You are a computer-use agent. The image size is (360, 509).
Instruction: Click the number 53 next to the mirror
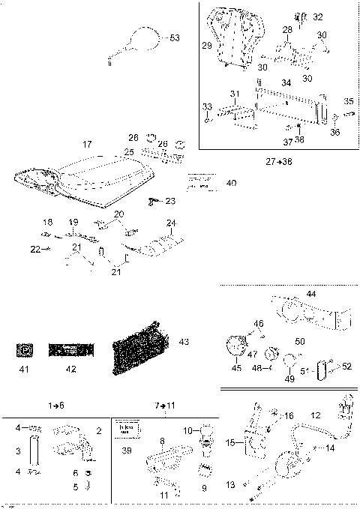[175, 37]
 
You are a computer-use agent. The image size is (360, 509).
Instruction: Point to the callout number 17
[87, 143]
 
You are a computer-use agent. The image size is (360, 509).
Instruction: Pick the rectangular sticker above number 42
[70, 349]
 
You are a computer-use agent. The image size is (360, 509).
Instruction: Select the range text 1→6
[57, 405]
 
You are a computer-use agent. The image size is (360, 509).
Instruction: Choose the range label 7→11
[165, 405]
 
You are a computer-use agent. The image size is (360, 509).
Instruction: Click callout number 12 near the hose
[315, 414]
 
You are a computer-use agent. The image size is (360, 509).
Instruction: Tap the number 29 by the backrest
[207, 46]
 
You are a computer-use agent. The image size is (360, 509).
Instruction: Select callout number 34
[286, 82]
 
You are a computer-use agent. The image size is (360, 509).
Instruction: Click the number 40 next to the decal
[230, 182]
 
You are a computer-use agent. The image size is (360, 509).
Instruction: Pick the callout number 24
[171, 223]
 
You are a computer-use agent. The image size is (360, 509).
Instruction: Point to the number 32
[318, 16]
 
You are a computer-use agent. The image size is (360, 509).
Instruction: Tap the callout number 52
[346, 366]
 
